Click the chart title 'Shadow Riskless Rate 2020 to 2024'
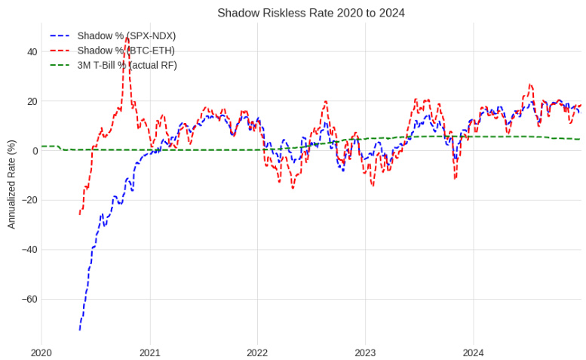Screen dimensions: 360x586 click(x=311, y=13)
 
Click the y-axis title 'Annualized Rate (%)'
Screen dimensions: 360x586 click(x=11, y=184)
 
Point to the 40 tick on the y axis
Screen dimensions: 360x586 click(x=31, y=52)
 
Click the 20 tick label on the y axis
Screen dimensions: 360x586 click(x=31, y=101)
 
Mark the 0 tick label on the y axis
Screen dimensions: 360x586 click(x=34, y=151)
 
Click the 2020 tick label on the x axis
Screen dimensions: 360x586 click(x=41, y=352)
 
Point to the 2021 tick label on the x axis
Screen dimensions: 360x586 click(x=149, y=352)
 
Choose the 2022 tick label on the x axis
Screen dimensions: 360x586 click(x=257, y=352)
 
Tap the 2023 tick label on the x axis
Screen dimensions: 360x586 click(x=365, y=352)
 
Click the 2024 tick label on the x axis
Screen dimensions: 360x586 click(x=473, y=352)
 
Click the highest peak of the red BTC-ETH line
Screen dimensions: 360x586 click(x=127, y=36)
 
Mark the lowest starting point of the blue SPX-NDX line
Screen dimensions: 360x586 click(x=79, y=330)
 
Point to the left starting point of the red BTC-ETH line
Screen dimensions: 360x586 click(x=79, y=214)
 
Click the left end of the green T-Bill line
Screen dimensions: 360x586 click(x=41, y=146)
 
